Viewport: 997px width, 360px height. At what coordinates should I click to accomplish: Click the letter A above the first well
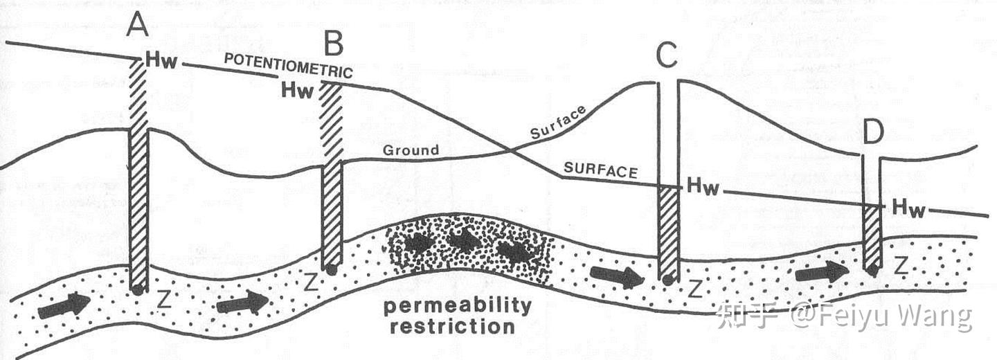(138, 26)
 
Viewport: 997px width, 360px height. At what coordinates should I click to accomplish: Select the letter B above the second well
(333, 45)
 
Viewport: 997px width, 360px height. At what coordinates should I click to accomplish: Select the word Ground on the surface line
(411, 150)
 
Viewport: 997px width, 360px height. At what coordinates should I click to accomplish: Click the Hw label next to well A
(162, 62)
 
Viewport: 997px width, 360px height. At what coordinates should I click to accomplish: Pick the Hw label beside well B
(298, 90)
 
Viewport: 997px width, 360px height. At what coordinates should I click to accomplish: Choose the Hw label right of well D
(908, 207)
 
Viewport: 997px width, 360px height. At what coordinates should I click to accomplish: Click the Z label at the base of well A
(164, 299)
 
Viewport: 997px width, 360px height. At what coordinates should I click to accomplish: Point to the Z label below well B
(311, 282)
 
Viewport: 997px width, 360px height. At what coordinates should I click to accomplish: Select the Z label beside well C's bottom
(694, 289)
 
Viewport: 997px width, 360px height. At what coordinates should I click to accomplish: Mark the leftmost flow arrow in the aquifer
(64, 305)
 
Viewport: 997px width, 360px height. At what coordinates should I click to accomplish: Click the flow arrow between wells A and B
(242, 303)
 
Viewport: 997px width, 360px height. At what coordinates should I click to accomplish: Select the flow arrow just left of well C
(616, 277)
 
